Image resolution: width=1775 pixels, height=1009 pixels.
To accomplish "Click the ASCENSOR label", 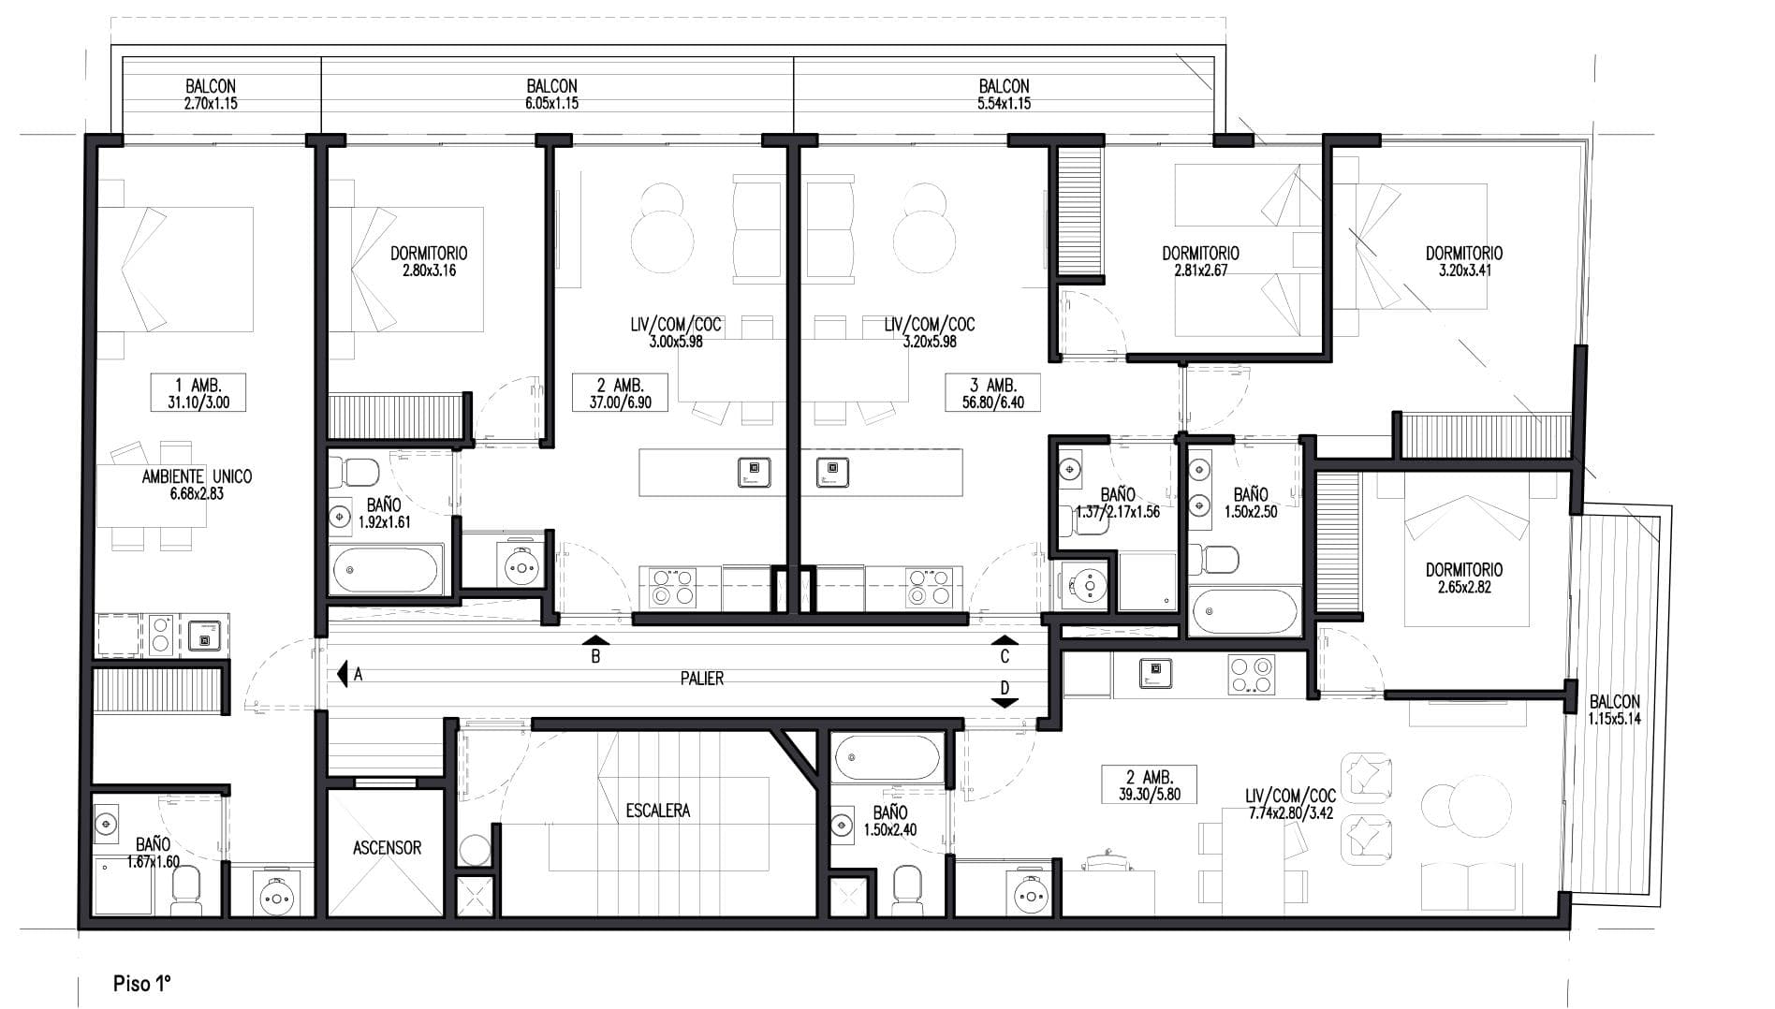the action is (387, 848).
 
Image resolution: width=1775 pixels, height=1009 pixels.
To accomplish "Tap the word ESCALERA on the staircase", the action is (658, 811).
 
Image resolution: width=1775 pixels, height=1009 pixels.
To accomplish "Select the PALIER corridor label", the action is (702, 679).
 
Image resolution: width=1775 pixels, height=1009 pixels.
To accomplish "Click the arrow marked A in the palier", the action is (343, 672).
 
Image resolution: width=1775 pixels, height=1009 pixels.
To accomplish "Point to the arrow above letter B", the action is (595, 640).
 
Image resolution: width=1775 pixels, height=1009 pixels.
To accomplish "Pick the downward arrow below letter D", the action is (1005, 703).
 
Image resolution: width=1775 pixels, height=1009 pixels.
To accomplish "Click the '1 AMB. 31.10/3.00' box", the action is (198, 393).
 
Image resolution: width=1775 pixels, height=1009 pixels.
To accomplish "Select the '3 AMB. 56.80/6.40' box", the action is (992, 393).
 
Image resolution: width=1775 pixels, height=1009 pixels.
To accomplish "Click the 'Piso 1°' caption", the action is (141, 984).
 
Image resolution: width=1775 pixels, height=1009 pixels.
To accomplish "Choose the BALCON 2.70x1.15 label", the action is (211, 95).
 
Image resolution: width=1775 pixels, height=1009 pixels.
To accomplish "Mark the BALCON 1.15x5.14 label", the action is (1614, 710).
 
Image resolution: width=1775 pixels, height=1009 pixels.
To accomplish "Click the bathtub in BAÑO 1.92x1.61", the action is (385, 569).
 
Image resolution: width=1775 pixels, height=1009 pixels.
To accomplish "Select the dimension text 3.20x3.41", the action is (1464, 271).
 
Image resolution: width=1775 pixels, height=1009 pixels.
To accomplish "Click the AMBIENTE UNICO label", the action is (197, 476).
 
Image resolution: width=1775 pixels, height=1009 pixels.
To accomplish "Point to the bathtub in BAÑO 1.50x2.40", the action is (887, 758).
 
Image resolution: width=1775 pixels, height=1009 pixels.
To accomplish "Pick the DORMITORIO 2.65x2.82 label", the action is (1463, 578).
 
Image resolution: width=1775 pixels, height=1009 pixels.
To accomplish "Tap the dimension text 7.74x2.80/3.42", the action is (1291, 813).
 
